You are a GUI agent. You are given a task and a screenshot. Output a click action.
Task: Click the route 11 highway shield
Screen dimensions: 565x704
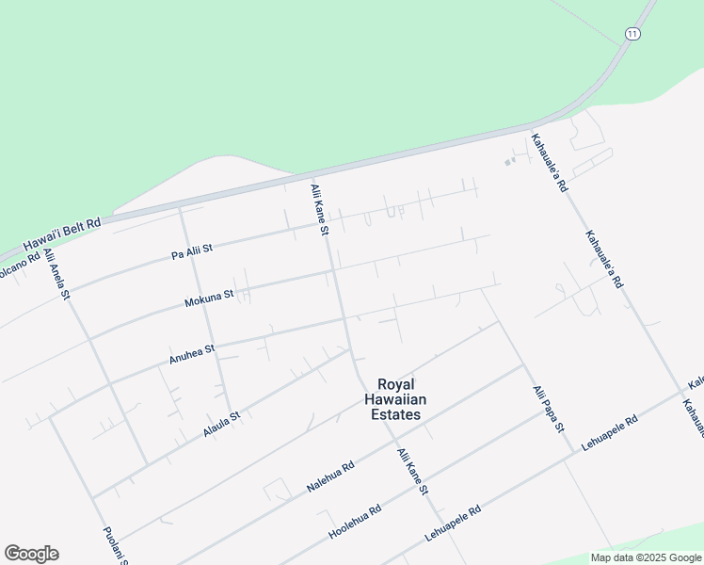coord(632,34)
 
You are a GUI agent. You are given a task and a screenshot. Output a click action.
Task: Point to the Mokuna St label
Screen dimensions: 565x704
coord(209,299)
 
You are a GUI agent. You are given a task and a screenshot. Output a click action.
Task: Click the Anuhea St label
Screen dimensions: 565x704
coord(192,353)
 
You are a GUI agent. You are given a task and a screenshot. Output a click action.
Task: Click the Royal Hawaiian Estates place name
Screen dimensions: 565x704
coord(402,399)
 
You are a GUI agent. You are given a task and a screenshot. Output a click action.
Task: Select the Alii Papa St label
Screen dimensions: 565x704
coord(548,409)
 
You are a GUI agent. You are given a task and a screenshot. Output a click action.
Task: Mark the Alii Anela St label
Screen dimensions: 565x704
coord(56,275)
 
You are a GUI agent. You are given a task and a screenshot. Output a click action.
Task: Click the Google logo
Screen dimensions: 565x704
coord(31,554)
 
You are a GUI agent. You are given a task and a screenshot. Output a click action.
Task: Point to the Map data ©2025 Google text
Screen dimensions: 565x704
coord(647,557)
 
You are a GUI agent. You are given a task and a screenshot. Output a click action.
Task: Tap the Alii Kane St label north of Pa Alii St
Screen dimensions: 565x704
coord(319,209)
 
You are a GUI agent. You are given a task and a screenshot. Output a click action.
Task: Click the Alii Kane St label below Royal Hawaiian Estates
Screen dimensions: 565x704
coord(412,472)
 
